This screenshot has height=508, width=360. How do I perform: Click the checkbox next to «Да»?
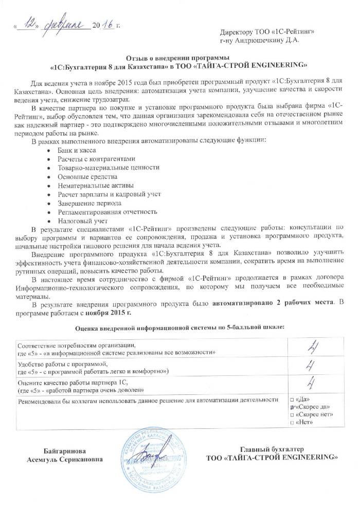(292, 400)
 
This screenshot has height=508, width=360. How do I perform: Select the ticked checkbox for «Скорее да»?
(292, 407)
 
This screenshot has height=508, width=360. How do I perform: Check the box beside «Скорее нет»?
(292, 414)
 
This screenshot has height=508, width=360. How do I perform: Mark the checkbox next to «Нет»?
(292, 422)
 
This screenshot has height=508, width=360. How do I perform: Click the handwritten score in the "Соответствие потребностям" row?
(311, 348)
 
